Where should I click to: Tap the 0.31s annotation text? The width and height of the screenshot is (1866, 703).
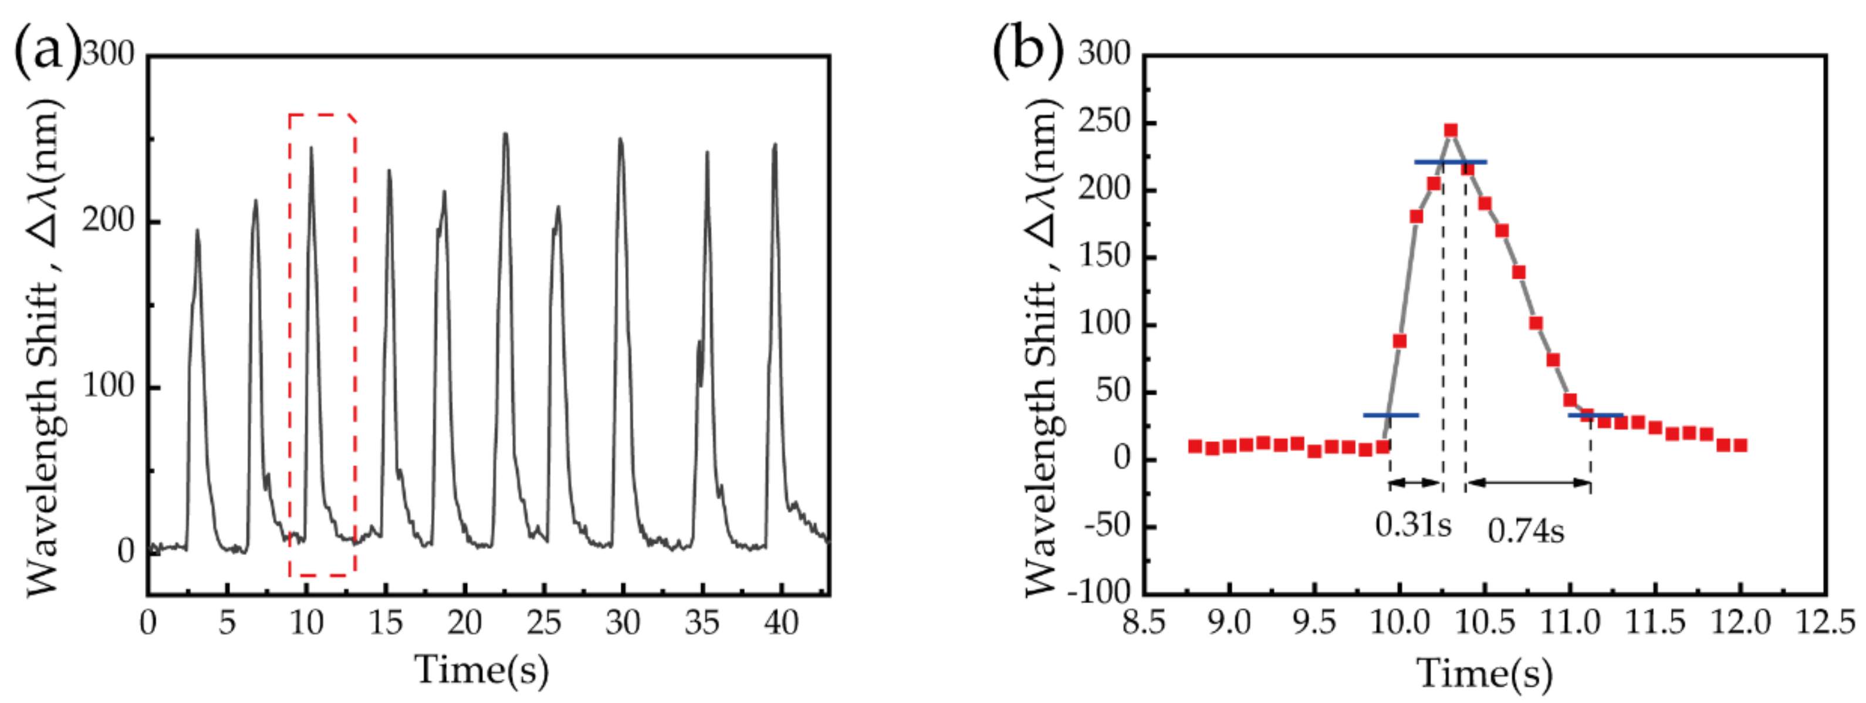coord(1413,524)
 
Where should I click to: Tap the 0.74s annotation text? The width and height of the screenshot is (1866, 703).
coord(1526,532)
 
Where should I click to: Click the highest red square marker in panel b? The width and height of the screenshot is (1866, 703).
coord(1450,130)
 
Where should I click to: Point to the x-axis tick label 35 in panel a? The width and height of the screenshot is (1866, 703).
coord(702,622)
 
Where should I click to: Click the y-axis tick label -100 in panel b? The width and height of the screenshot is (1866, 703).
coord(1100,592)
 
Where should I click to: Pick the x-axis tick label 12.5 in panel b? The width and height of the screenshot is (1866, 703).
coord(1825,622)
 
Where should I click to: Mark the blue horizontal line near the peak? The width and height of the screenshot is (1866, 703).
coord(1450,162)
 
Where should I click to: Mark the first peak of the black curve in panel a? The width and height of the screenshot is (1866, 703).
coord(197,230)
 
